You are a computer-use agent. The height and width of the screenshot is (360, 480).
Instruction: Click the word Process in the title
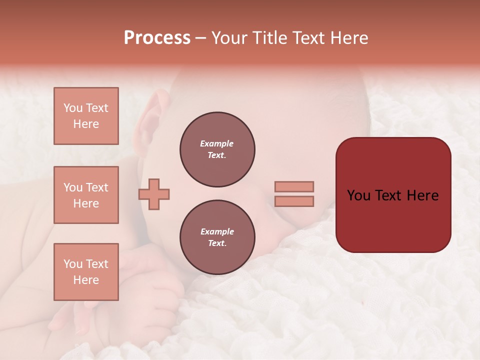(157, 38)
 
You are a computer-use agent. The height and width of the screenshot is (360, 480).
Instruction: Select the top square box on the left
(86, 116)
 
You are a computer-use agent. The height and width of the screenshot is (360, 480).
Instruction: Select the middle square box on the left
(86, 195)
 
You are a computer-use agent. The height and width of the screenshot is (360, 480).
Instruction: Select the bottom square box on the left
(86, 272)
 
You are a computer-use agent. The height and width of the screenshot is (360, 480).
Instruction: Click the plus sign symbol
(154, 194)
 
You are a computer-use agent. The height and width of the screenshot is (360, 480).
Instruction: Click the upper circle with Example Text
(217, 149)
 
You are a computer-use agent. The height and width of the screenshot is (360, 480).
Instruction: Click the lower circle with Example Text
(217, 237)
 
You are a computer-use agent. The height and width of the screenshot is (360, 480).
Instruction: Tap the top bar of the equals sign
(294, 186)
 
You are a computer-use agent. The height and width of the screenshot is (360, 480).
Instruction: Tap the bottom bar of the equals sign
(294, 201)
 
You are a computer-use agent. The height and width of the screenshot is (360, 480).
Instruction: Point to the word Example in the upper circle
(217, 143)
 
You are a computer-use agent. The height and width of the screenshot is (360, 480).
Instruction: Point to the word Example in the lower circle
(217, 231)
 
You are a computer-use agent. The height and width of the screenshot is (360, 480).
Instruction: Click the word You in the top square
(72, 108)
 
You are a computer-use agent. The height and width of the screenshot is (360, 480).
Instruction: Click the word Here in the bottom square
(86, 280)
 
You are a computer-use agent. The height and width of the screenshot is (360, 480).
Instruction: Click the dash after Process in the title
(201, 38)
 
